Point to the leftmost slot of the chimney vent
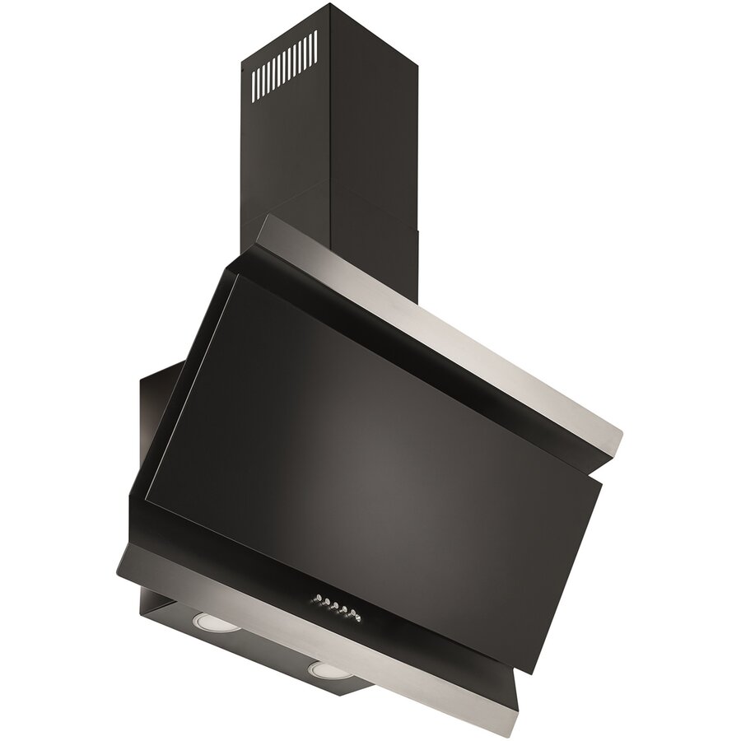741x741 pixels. point(255,80)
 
